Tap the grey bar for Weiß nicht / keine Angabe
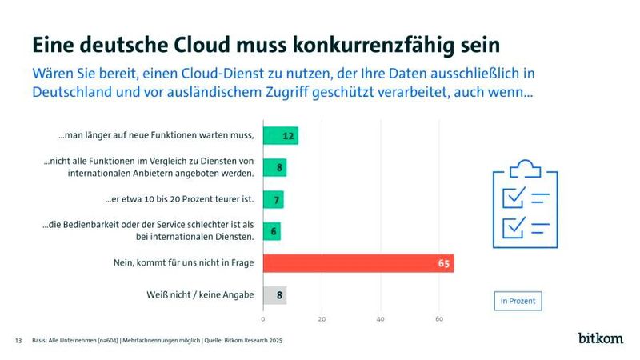(274, 295)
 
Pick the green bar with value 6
(271, 231)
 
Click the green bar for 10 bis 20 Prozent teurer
(273, 199)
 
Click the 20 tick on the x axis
(322, 319)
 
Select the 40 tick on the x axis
(381, 319)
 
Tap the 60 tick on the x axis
(439, 319)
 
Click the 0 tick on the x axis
(263, 319)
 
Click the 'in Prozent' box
(518, 301)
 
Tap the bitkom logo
(600, 338)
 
